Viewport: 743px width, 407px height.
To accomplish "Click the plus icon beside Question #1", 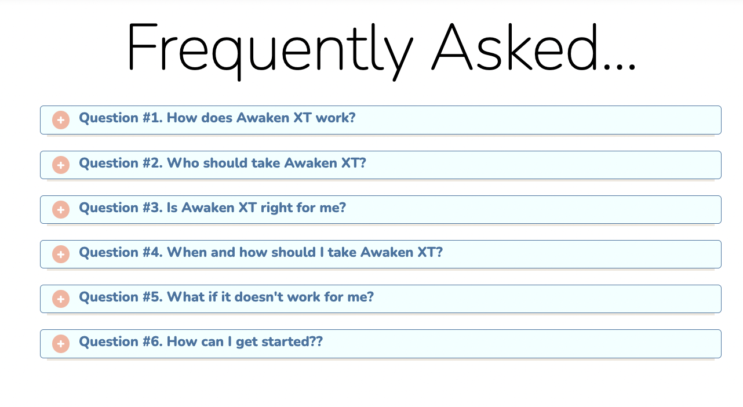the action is [61, 120].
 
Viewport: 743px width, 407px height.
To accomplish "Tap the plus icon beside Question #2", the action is [61, 165].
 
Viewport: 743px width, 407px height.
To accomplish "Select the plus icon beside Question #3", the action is [61, 210].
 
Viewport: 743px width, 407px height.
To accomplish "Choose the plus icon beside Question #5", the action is [61, 299].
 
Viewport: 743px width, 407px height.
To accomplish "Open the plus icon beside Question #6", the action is [61, 344].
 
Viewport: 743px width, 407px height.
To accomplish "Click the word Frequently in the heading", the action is [270, 50].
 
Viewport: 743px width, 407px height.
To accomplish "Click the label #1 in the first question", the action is [152, 118].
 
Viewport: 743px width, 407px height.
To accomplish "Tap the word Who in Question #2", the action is [183, 163].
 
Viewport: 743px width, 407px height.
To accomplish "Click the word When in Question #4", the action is [187, 252].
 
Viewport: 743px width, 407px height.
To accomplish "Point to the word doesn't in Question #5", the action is [259, 297].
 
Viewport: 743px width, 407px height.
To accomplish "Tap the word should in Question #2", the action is [225, 163].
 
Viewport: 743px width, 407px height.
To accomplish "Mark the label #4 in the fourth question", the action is [152, 252].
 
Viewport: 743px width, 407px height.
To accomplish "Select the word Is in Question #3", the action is [172, 208].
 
